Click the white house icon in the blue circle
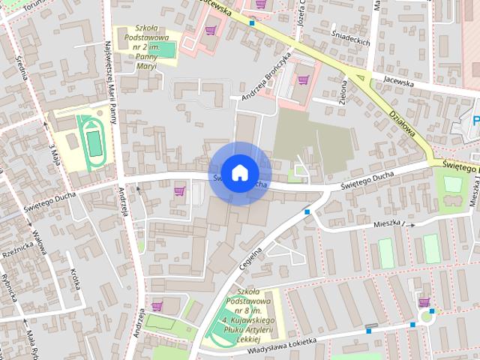pyautogui.click(x=239, y=172)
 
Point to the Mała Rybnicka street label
pyautogui.click(x=32, y=341)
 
